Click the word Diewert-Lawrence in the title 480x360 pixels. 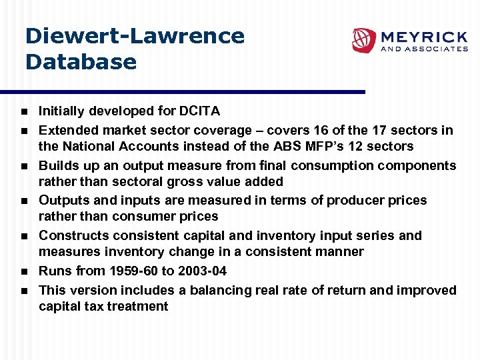tap(135, 36)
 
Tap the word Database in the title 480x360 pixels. tap(81, 62)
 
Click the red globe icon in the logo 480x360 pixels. tap(364, 40)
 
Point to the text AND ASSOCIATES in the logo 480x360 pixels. tap(423, 49)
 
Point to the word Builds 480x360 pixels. tap(58, 165)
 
